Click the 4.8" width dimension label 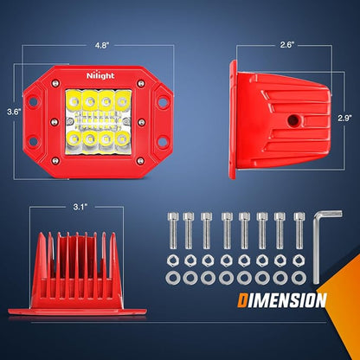click(x=101, y=46)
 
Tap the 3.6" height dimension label click(x=14, y=112)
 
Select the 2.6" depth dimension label click(x=286, y=45)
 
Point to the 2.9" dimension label click(x=344, y=119)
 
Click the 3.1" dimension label click(x=80, y=207)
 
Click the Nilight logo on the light click(x=100, y=75)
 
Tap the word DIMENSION click(x=282, y=300)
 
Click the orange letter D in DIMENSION click(x=242, y=300)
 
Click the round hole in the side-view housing click(x=293, y=120)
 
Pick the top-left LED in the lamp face click(x=74, y=101)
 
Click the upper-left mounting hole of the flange click(x=33, y=101)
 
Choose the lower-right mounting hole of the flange click(x=163, y=141)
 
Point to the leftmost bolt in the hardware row click(x=173, y=230)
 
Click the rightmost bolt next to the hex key click(x=299, y=230)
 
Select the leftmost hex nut click(x=173, y=260)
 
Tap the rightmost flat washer click(x=299, y=278)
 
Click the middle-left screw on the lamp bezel click(x=55, y=122)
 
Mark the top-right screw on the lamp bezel click(x=141, y=84)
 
